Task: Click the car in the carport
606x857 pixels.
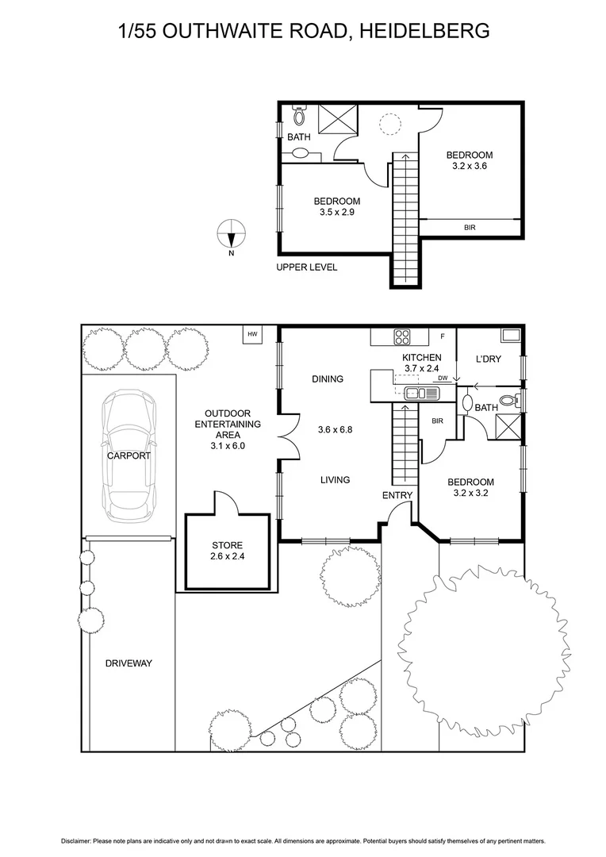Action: click(x=128, y=453)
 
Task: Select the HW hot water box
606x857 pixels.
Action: click(x=253, y=335)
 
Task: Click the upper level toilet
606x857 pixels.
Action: click(x=298, y=116)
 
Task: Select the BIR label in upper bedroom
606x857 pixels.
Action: click(x=470, y=228)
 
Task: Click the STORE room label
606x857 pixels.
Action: click(x=227, y=545)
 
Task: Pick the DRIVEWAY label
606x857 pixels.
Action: click(x=128, y=663)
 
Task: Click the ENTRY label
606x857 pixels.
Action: click(x=397, y=496)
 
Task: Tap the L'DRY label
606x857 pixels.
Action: click(x=489, y=359)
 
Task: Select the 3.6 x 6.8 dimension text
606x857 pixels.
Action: click(x=334, y=429)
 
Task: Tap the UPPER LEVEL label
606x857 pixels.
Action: click(x=306, y=267)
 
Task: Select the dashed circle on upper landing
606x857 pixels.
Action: click(x=389, y=124)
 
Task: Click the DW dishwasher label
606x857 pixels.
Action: click(x=443, y=379)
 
